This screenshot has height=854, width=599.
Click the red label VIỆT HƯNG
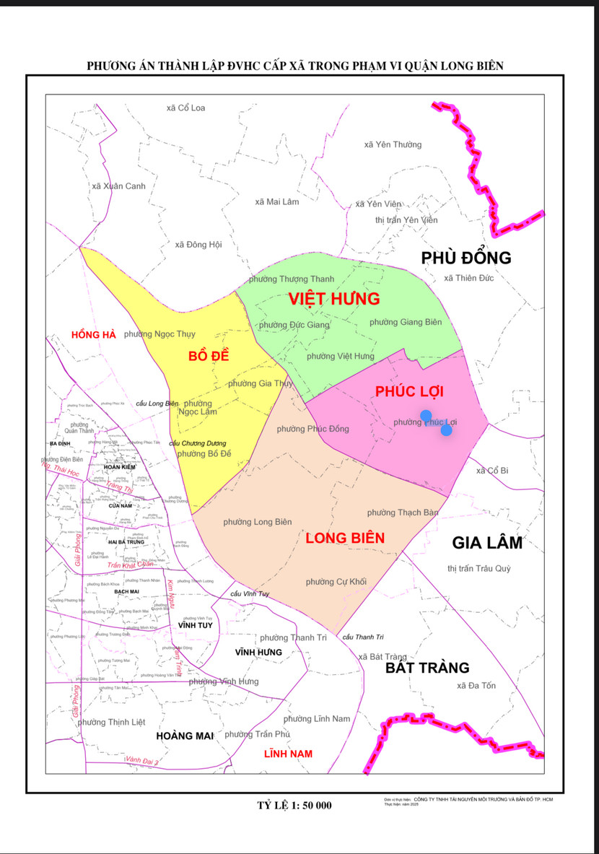(333, 298)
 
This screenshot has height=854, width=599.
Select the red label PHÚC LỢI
(408, 391)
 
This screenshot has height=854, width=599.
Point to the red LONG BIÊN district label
(345, 538)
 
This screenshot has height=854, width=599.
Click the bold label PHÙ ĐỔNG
(466, 258)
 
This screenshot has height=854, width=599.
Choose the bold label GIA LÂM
(487, 543)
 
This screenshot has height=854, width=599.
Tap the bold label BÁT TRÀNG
(427, 668)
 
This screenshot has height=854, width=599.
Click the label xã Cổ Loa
(185, 108)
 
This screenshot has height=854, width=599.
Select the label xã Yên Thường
(393, 144)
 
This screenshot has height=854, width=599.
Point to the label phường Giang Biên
(406, 321)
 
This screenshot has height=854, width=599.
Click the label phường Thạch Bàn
(403, 513)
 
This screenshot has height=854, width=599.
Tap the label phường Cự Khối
(336, 582)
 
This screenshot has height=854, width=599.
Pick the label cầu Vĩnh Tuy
(250, 594)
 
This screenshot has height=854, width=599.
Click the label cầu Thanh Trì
(364, 637)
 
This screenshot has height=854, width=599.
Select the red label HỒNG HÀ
(94, 334)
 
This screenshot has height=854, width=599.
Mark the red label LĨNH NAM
(288, 754)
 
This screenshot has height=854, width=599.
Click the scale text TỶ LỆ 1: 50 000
(294, 805)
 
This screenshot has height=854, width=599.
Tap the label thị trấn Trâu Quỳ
(478, 568)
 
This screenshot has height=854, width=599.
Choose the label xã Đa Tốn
(476, 685)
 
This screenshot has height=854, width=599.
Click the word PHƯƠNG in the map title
(113, 66)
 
